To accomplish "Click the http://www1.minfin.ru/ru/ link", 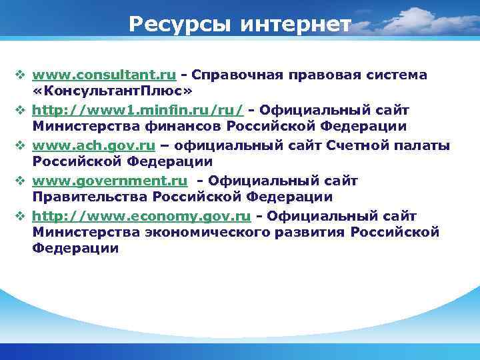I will pos(137,109).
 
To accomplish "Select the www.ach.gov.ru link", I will pos(94,145).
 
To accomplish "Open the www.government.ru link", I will pos(109,181).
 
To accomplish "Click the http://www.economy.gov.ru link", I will pos(141,216).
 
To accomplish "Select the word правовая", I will pos(340,75).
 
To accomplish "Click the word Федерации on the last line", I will pos(75,249).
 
